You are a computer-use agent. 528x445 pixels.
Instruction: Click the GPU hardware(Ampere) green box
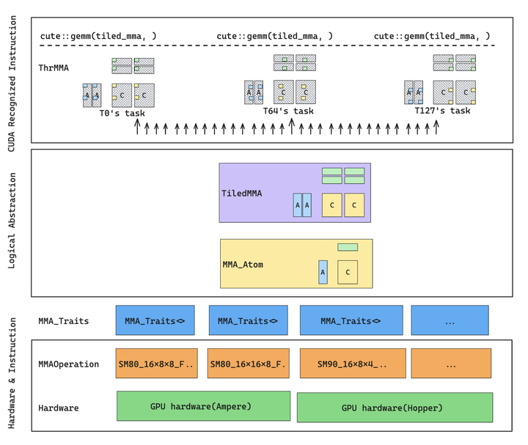(203, 406)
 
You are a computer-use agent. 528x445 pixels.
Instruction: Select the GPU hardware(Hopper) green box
(395, 408)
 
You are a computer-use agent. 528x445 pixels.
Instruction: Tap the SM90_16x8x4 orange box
(352, 364)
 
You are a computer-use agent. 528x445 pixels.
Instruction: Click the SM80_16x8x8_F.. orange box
(156, 364)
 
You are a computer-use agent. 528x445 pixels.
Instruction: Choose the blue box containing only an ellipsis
(450, 320)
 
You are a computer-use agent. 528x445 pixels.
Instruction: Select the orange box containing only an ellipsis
(450, 364)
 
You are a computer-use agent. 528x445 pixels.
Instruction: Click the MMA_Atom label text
(243, 265)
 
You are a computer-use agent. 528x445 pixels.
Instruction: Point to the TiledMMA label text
(242, 194)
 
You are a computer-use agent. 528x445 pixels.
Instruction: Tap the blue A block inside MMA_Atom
(323, 272)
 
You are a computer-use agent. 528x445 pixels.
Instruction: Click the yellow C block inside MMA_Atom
(348, 272)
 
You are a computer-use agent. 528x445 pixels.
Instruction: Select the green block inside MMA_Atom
(348, 247)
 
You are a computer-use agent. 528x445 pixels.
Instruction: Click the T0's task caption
(122, 113)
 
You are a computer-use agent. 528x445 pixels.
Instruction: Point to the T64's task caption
(288, 111)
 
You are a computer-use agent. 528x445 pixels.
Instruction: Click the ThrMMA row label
(54, 67)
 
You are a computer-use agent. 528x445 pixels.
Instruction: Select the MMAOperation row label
(68, 364)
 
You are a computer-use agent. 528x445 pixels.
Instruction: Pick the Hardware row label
(59, 408)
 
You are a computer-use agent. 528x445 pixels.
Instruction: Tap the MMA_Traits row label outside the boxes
(64, 321)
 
